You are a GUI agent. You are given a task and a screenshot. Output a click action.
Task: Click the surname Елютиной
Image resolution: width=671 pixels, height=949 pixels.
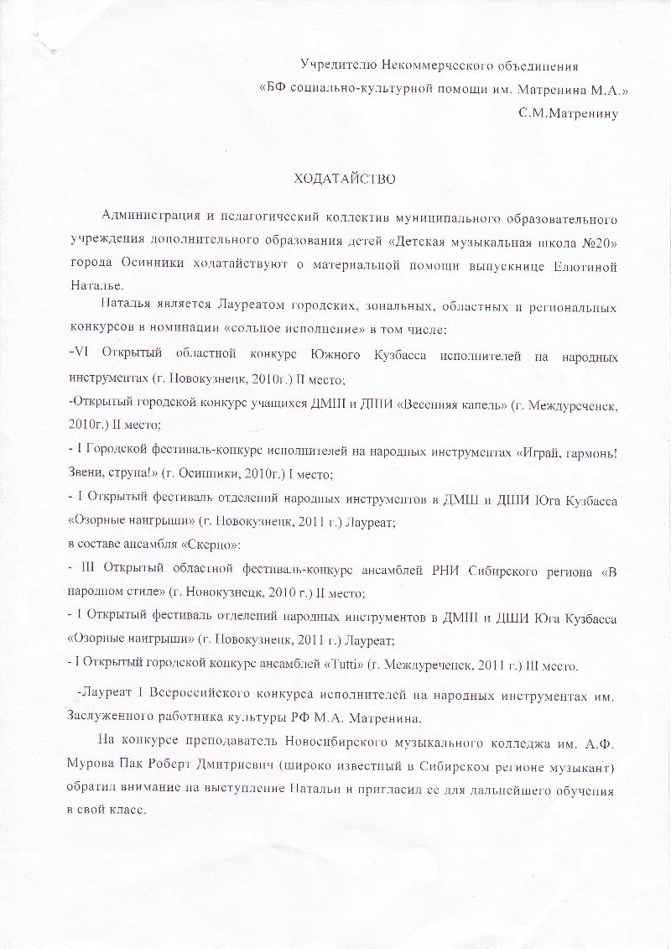(584, 267)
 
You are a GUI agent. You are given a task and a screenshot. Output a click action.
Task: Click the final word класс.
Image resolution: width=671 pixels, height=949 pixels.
(127, 812)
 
